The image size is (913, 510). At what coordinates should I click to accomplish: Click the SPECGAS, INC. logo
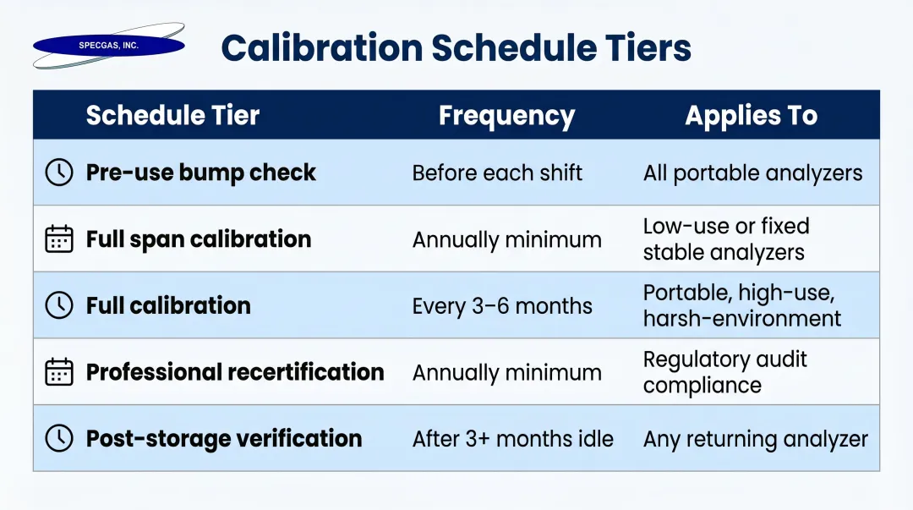[108, 46]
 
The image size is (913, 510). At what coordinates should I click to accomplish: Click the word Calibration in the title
[321, 48]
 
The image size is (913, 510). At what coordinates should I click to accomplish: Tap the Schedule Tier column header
[172, 116]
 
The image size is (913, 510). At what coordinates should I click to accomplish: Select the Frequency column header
[506, 116]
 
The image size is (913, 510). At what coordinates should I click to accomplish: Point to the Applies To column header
[751, 116]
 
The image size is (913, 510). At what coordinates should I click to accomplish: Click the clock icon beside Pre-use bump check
[58, 173]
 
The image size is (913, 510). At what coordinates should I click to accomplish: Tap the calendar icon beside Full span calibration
[58, 239]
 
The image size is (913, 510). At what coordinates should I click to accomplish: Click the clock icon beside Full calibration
[58, 305]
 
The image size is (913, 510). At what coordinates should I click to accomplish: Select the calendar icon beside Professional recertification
[58, 372]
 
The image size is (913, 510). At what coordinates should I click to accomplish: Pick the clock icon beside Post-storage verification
[58, 438]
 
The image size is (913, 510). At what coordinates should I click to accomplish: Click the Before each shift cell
[497, 173]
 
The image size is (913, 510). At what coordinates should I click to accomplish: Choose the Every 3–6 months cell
[502, 306]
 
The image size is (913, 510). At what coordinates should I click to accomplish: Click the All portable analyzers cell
[752, 173]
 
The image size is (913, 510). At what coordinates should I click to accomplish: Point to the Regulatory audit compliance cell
[724, 372]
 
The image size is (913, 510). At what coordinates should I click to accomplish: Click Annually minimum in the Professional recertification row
[506, 373]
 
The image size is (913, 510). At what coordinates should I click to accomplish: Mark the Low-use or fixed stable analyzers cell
[725, 239]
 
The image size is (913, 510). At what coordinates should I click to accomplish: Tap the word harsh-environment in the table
[741, 319]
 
